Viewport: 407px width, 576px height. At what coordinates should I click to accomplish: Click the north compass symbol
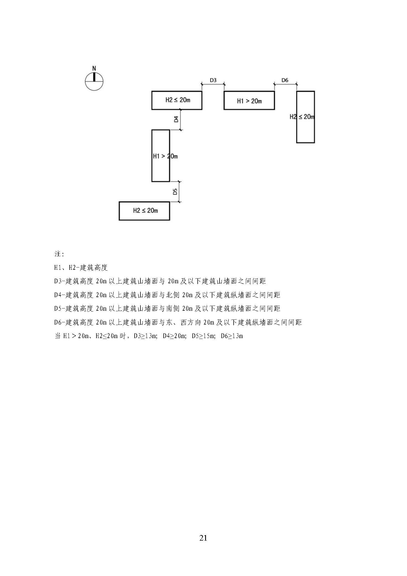tap(94, 81)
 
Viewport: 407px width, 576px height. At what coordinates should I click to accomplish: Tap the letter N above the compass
tap(94, 68)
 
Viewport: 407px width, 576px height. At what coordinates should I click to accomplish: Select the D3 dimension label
tap(213, 80)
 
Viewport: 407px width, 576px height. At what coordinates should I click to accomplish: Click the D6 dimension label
tap(285, 80)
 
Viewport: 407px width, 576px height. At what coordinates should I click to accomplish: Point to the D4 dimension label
tap(176, 120)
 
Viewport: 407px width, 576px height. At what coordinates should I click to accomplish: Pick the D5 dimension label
tap(175, 191)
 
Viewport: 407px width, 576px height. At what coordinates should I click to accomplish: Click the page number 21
tap(203, 538)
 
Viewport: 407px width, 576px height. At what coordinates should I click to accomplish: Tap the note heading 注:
tap(59, 254)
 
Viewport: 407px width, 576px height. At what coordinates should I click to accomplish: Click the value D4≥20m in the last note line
tap(174, 336)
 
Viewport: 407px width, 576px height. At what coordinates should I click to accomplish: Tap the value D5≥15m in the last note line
tap(203, 336)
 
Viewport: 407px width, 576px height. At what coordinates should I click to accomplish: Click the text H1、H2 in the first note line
tap(65, 268)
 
